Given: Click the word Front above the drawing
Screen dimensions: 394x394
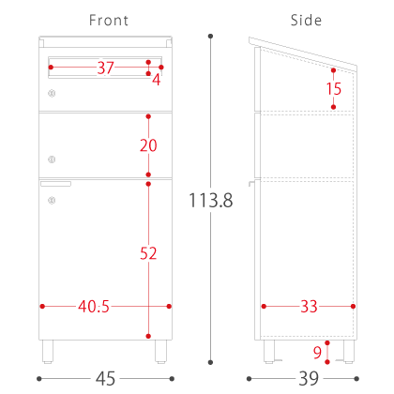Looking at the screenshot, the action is pyautogui.click(x=109, y=21).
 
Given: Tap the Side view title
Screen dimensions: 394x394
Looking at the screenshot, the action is pyautogui.click(x=306, y=21).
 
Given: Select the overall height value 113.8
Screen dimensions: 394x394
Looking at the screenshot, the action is pyautogui.click(x=211, y=200).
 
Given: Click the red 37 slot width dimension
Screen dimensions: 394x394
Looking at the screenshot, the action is pyautogui.click(x=105, y=68).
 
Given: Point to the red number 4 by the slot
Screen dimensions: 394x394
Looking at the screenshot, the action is pyautogui.click(x=157, y=80).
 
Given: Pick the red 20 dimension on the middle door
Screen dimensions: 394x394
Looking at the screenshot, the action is pyautogui.click(x=148, y=145).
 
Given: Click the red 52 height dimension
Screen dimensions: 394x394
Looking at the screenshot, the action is pyautogui.click(x=148, y=253).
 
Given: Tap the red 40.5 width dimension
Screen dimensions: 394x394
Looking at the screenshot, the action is pyautogui.click(x=94, y=307).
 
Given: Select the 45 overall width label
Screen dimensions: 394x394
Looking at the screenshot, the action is pyautogui.click(x=105, y=379).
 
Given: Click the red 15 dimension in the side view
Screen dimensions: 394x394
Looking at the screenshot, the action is pyautogui.click(x=334, y=89).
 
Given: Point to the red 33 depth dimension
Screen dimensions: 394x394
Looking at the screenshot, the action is pyautogui.click(x=309, y=307).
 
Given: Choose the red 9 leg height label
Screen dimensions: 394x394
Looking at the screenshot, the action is pyautogui.click(x=317, y=353).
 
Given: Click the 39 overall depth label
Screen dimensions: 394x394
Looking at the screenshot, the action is pyautogui.click(x=309, y=379).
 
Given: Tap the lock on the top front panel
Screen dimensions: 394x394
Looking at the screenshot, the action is pyautogui.click(x=52, y=93).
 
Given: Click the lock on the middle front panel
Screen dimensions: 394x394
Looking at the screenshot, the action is pyautogui.click(x=52, y=159).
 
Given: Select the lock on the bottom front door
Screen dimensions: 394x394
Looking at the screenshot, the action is pyautogui.click(x=52, y=200).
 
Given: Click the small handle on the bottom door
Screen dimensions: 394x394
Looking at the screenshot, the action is pyautogui.click(x=55, y=184).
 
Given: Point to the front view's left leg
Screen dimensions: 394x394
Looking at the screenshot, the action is pyautogui.click(x=48, y=352).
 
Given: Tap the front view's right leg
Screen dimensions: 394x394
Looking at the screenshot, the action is pyautogui.click(x=160, y=352).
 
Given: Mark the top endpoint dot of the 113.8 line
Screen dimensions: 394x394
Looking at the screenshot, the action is pyautogui.click(x=210, y=37).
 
